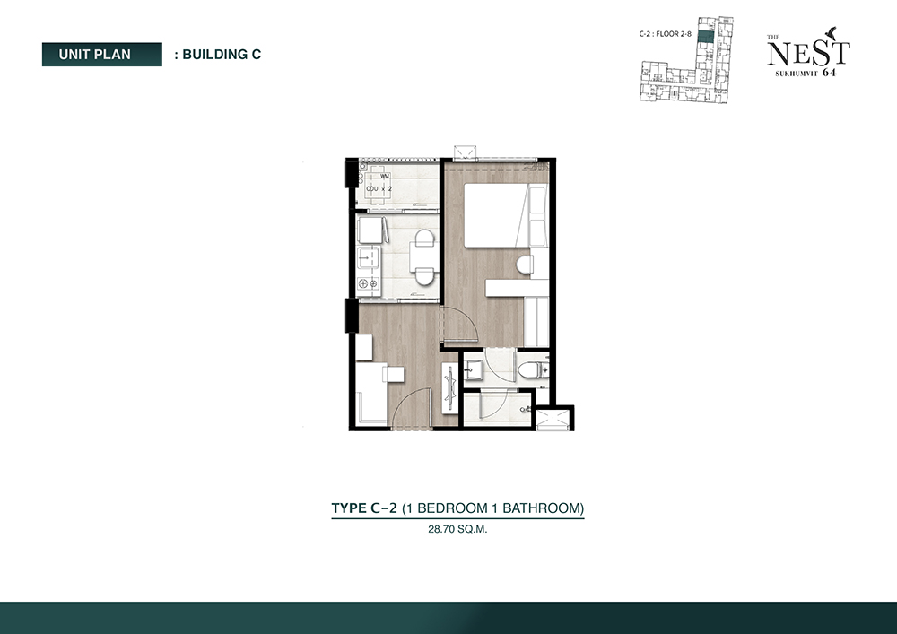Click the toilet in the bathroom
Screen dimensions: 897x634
533,369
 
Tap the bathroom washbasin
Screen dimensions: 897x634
473,369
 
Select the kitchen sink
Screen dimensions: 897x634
368,258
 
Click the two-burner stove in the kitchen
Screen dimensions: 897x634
368,283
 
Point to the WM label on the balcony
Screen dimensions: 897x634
385,176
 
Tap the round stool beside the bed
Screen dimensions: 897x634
524,265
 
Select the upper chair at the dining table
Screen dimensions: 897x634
424,239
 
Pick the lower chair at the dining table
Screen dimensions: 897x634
424,276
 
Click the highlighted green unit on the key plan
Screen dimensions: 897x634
707,37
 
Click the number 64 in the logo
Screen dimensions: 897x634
829,73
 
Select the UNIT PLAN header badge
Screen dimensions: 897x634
102,55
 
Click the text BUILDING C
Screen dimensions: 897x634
222,55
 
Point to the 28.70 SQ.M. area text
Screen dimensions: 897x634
457,529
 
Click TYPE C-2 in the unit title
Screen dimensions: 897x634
364,508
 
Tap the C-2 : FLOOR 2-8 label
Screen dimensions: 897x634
666,34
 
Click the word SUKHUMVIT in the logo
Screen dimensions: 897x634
797,74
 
